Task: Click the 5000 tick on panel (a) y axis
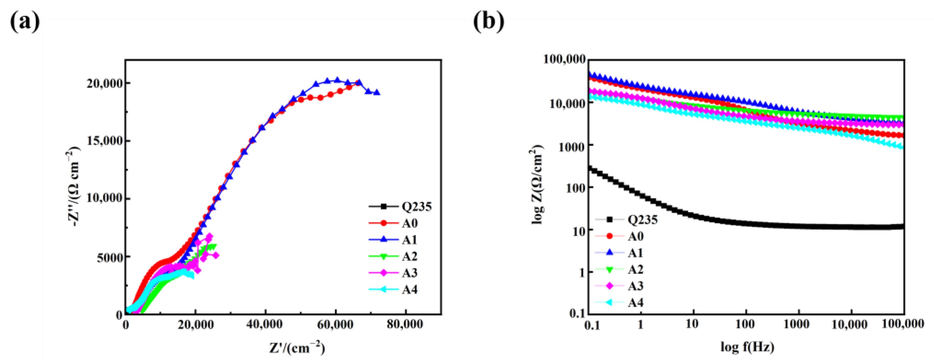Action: (109, 257)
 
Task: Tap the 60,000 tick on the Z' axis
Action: (335, 324)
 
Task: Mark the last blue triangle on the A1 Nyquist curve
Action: (377, 93)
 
